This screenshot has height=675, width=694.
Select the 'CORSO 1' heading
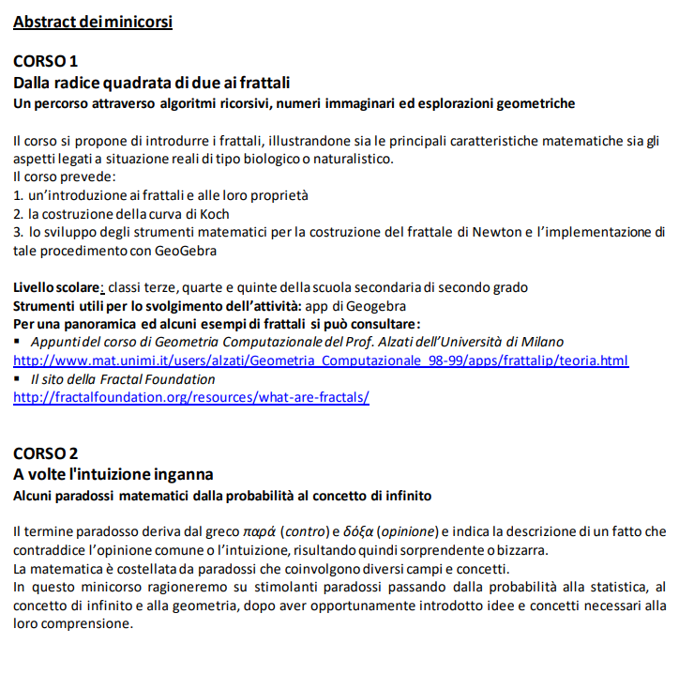point(45,62)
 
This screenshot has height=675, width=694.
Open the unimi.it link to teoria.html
point(320,361)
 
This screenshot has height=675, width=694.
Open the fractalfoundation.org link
point(190,397)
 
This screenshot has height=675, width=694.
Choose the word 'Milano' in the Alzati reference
point(542,342)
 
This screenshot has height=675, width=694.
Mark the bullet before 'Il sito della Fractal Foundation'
point(18,379)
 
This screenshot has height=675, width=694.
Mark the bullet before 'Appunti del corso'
point(18,342)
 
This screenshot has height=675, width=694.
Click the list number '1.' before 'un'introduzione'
point(18,195)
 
